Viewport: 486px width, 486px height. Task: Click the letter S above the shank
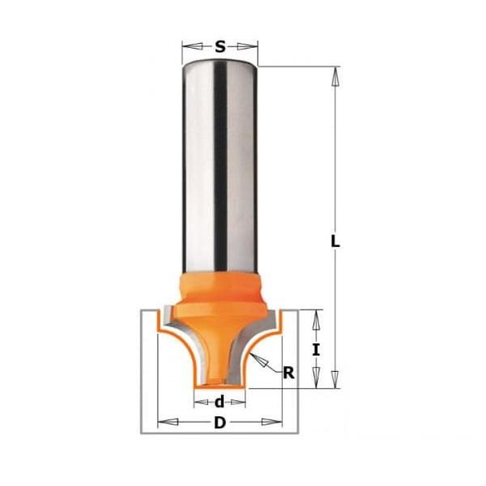click(220, 47)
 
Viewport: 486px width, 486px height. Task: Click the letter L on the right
click(335, 241)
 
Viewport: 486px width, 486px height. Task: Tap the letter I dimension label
click(316, 350)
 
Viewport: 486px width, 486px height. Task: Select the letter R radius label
click(288, 373)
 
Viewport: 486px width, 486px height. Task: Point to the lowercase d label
click(220, 402)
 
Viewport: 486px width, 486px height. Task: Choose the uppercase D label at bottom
click(220, 423)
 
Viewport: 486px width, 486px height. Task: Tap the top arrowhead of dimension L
click(335, 76)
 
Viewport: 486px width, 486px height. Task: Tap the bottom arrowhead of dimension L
click(335, 378)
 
